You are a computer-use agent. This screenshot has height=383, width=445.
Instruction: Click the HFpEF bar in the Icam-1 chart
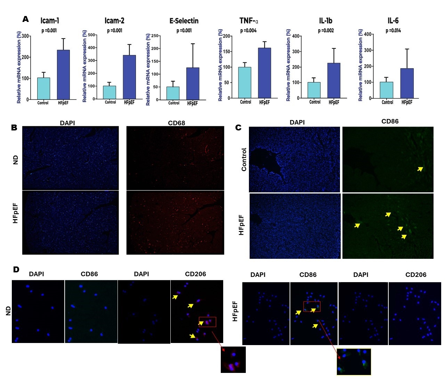(63, 75)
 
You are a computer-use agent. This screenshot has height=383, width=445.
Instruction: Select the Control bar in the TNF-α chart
(245, 82)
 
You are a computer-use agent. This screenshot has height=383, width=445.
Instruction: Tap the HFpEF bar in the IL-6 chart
(407, 83)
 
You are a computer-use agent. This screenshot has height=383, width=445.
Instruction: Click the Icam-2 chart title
(114, 21)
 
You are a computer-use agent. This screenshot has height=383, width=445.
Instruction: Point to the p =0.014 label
(393, 31)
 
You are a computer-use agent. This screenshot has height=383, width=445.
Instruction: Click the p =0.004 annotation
(248, 31)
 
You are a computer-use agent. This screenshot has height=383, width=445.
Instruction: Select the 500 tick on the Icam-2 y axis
(91, 35)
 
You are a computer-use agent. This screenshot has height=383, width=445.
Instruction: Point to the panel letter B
(14, 128)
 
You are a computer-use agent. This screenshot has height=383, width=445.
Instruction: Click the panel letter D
(16, 270)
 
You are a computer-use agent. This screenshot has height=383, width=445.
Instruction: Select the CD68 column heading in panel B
(176, 123)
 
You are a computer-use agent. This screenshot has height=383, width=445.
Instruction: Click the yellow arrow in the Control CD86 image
(420, 169)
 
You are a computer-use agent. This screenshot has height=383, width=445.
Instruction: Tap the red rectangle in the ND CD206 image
(208, 322)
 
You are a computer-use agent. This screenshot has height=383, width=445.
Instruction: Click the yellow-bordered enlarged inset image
(354, 362)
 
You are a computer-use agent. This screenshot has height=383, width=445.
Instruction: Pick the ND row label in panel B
(15, 160)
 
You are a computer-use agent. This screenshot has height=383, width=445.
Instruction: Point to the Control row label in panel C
(244, 159)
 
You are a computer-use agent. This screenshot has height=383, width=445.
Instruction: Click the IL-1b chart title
(325, 21)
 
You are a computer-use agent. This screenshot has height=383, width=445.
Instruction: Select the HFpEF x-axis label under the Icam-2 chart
(129, 102)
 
